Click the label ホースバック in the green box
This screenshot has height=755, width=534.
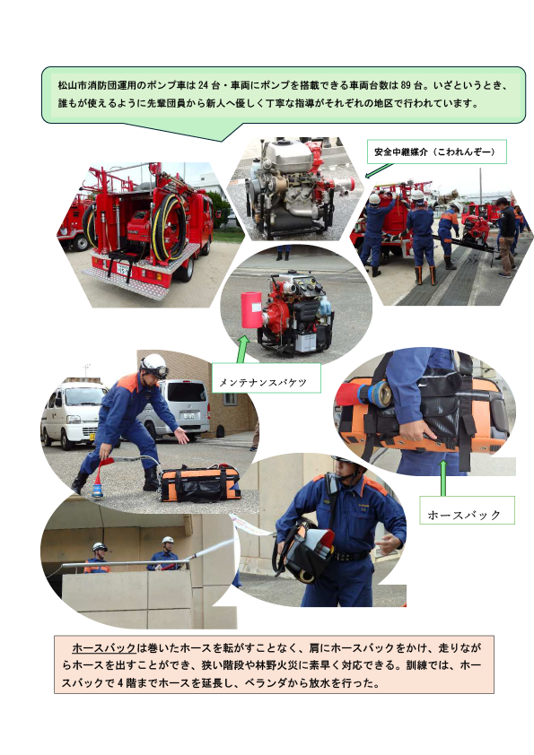point(464,515)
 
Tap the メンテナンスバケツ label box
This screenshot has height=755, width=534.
point(266,378)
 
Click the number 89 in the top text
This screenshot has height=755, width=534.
point(406,86)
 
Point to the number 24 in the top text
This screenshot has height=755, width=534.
point(203,86)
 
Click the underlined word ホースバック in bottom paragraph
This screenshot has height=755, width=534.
point(104,648)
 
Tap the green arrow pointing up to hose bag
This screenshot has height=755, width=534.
point(443,478)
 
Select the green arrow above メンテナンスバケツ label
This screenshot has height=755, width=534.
point(242,349)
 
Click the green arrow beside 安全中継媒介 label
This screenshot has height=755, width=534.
point(379,170)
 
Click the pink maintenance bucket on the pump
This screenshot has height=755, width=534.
point(251,309)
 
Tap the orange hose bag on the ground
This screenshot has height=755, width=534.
point(200,482)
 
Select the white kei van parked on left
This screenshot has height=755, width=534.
point(74,413)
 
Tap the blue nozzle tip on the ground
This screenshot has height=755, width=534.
point(97,491)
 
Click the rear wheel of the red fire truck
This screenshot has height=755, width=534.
point(185,270)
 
